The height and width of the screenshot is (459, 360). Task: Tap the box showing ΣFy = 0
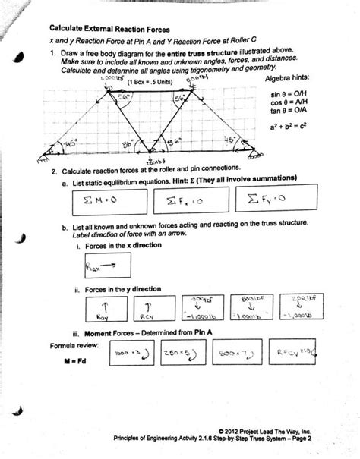[255, 200]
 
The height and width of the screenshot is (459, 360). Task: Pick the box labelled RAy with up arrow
[103, 307]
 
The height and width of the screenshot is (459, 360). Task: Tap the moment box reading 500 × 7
[236, 351]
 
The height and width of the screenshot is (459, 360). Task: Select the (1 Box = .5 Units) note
[153, 81]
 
